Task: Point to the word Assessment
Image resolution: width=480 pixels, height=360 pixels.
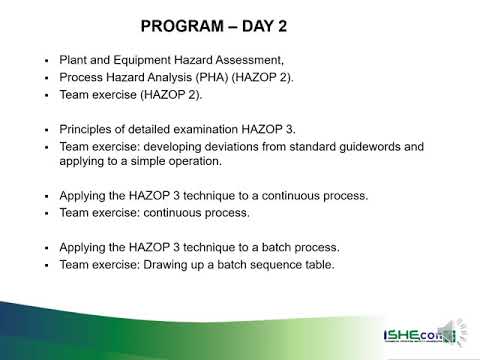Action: [x=260, y=60]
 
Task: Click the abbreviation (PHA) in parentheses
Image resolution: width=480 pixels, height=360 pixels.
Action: [x=233, y=77]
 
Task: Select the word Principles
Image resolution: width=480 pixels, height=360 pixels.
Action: [x=88, y=130]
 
